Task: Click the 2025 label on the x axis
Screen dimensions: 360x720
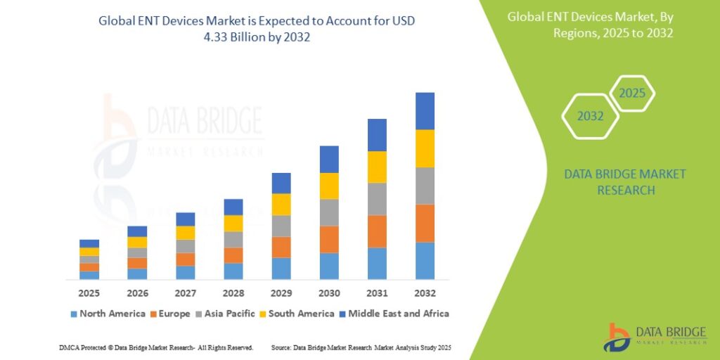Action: (x=89, y=292)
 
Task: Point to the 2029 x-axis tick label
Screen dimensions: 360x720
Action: (x=281, y=292)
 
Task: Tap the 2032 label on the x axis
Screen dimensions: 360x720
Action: (x=425, y=292)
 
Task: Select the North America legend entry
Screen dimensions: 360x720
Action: (x=108, y=314)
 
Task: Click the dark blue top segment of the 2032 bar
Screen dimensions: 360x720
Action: (x=425, y=111)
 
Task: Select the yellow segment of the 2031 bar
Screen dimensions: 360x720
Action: (x=377, y=167)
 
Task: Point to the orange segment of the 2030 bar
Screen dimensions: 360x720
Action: (x=329, y=240)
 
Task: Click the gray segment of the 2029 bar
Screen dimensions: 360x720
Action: (x=281, y=226)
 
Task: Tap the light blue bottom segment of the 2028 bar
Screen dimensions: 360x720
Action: (x=233, y=271)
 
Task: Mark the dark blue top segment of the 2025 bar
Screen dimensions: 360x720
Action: (x=89, y=243)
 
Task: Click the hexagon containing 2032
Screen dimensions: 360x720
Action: (x=591, y=116)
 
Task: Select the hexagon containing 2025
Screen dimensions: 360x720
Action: (x=631, y=94)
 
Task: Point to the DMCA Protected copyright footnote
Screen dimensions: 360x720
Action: (x=157, y=348)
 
